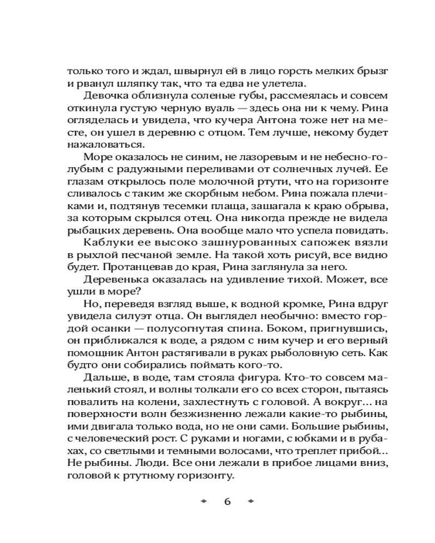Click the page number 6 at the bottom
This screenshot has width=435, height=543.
[x=227, y=501]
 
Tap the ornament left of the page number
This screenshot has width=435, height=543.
[x=204, y=501]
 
